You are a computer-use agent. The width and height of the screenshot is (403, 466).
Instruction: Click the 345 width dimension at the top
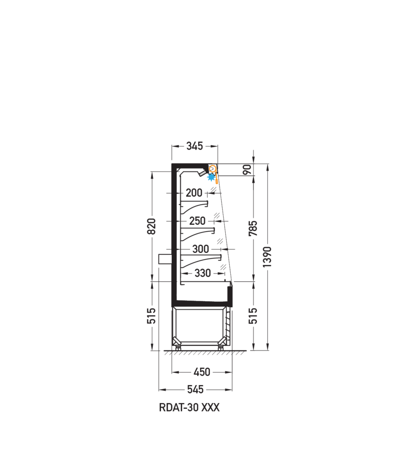pyautogui.click(x=194, y=146)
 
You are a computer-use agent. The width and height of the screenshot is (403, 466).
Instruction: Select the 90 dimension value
pyautogui.click(x=248, y=169)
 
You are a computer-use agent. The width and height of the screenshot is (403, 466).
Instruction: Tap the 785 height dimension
pyautogui.click(x=253, y=228)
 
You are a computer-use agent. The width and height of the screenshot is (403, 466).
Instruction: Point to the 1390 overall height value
pyautogui.click(x=267, y=257)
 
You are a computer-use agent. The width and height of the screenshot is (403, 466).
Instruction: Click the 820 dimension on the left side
pyautogui.click(x=152, y=226)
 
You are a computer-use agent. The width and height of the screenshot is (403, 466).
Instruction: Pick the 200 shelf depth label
pyautogui.click(x=194, y=193)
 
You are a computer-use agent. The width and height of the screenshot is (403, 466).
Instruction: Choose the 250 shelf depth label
pyautogui.click(x=197, y=221)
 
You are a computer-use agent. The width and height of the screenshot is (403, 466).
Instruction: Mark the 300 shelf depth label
pyautogui.click(x=201, y=249)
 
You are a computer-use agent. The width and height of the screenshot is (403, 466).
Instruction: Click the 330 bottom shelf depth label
pyautogui.click(x=202, y=273)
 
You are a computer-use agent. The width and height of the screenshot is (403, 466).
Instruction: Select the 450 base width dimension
pyautogui.click(x=202, y=372)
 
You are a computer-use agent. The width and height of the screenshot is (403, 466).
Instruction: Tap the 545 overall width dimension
pyautogui.click(x=195, y=389)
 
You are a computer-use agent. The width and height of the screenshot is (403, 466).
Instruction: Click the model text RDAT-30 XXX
pyautogui.click(x=189, y=407)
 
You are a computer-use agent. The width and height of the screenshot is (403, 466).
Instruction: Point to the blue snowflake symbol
pyautogui.click(x=211, y=177)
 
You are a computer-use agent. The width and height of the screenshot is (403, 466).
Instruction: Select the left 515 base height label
pyautogui.click(x=152, y=316)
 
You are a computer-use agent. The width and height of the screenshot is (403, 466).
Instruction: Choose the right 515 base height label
pyautogui.click(x=253, y=316)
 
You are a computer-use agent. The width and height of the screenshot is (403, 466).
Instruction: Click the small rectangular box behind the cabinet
pyautogui.click(x=165, y=259)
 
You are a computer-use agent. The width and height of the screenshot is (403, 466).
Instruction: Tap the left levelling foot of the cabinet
pyautogui.click(x=178, y=348)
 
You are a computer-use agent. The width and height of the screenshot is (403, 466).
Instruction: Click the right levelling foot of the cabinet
pyautogui.click(x=220, y=348)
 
